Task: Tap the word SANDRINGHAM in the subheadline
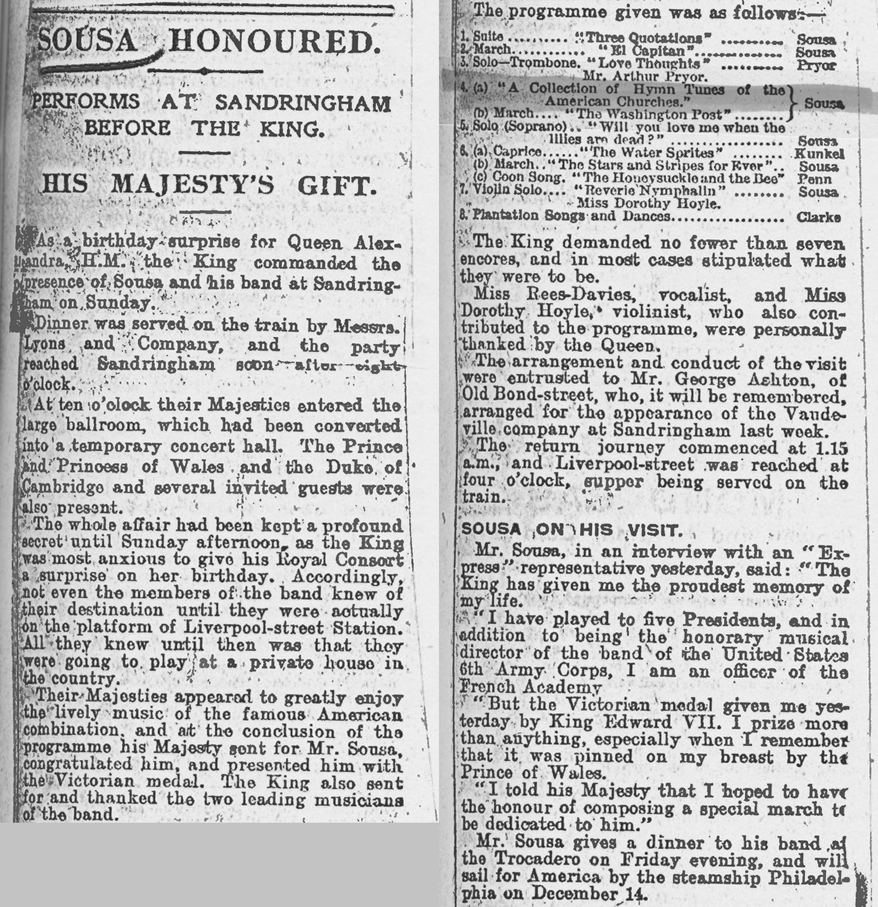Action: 303,103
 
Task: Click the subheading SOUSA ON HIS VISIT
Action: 571,530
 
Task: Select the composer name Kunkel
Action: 818,154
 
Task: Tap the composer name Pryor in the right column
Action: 816,65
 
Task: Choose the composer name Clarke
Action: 818,217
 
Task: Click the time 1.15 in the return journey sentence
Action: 833,448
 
